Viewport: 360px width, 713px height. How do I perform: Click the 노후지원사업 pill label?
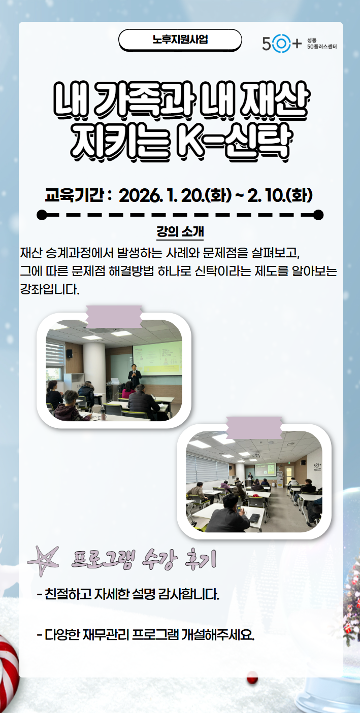coord(180,40)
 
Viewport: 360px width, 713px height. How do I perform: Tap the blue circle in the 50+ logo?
coord(281,43)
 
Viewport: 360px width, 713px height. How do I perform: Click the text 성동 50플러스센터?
coord(321,43)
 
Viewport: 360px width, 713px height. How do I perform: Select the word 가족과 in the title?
coord(144,99)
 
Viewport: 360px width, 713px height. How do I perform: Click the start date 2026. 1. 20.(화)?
coord(175,195)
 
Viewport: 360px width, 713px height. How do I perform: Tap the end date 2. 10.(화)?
coord(280,195)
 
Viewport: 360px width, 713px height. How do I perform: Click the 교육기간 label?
coord(74,195)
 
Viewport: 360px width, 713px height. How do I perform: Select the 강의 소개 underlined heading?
coord(180,232)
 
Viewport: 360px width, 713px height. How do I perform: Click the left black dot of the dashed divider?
coord(42,215)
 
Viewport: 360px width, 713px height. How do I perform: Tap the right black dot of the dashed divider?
coord(318,215)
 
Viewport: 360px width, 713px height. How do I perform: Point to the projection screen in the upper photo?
coord(157,357)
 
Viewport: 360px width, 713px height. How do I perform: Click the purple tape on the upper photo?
coord(114,316)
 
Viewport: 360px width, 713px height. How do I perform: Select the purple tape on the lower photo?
coord(254,427)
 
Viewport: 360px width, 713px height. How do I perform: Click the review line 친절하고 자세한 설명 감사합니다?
coord(128,594)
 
